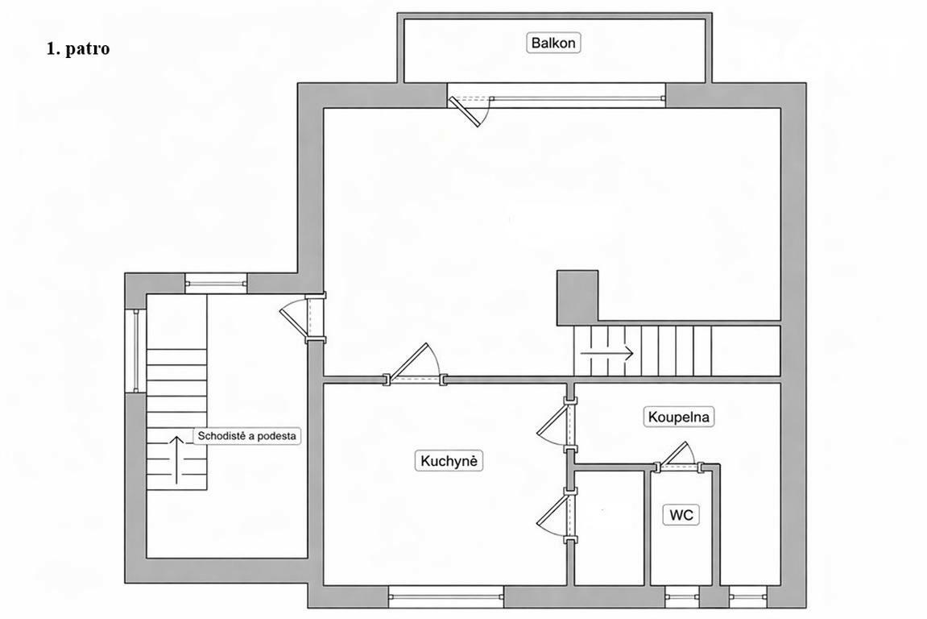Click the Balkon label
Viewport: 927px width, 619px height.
[552, 43]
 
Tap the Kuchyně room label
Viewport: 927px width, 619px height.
[449, 460]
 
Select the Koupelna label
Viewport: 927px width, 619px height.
[678, 417]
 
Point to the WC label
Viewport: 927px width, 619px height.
[681, 514]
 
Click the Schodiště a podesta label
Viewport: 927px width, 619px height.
[246, 436]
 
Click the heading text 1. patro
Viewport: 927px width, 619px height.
[78, 48]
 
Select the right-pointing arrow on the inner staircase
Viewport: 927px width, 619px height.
[607, 353]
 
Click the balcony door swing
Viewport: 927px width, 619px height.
[470, 110]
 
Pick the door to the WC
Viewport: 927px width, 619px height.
[677, 455]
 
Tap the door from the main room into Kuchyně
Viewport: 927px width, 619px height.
[415, 364]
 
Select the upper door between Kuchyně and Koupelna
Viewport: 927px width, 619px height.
[556, 424]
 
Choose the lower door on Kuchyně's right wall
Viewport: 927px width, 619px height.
[556, 515]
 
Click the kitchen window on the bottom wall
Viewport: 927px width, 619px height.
[445, 597]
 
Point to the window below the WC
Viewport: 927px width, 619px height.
[681, 597]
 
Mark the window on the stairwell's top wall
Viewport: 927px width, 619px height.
[216, 284]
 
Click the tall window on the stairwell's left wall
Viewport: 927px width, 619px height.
[135, 351]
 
